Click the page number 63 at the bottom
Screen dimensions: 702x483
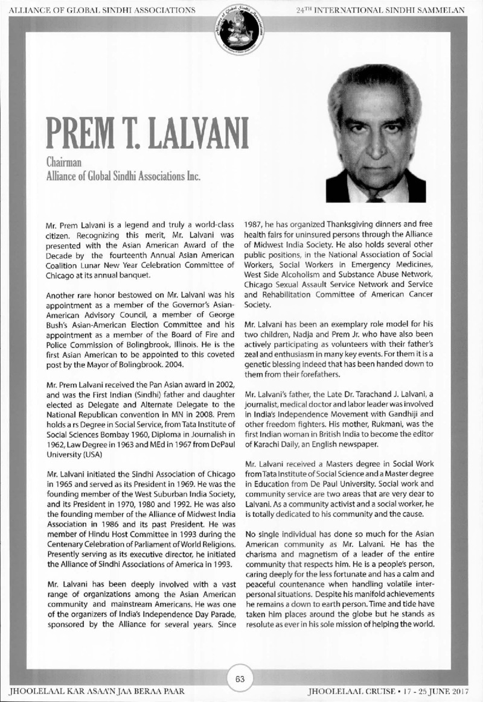[240, 678]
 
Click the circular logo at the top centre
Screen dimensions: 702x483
[240, 27]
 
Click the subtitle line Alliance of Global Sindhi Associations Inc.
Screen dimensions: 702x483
[123, 176]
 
